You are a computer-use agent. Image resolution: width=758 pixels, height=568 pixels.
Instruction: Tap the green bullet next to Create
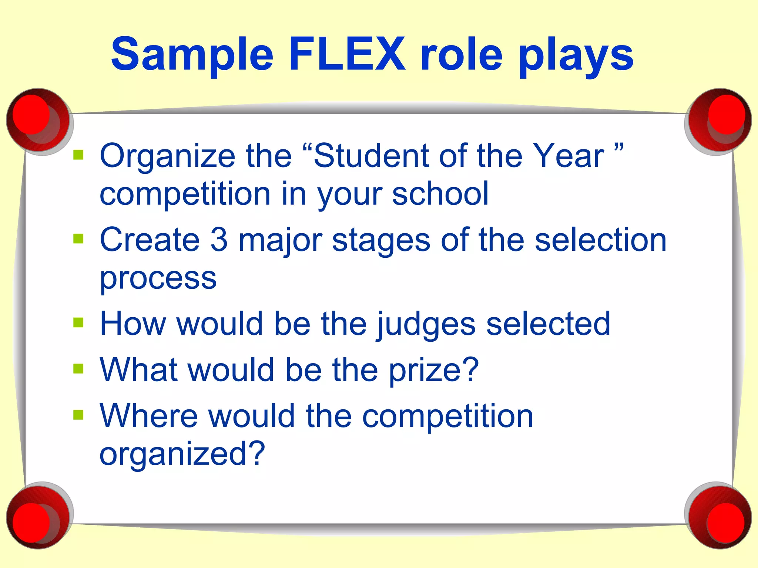[78, 239]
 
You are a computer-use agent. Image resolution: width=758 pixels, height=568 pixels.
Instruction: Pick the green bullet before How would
[78, 322]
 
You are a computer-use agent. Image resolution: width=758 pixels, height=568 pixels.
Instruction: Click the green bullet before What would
[78, 369]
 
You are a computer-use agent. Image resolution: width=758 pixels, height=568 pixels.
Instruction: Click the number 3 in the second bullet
[219, 240]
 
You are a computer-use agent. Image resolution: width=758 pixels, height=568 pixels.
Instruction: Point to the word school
[440, 193]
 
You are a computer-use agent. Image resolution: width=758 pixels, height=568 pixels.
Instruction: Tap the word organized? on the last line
[182, 454]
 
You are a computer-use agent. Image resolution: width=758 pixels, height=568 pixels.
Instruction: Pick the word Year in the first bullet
[568, 156]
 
